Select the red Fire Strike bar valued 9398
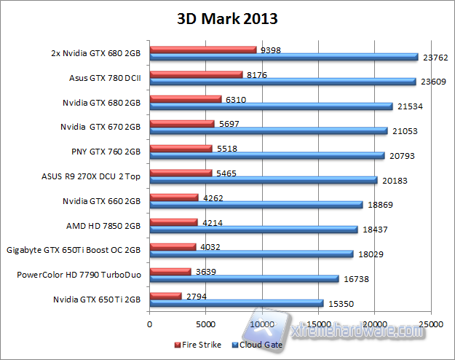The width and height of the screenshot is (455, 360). [x=203, y=50]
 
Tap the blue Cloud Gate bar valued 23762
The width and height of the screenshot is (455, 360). [x=284, y=57]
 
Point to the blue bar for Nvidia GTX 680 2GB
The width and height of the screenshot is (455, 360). [x=271, y=106]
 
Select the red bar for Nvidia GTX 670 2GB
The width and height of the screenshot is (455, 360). [x=182, y=124]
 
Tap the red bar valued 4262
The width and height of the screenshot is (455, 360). [x=174, y=197]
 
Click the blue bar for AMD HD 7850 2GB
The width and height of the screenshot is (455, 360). [x=253, y=230]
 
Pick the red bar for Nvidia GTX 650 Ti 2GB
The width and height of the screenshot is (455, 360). [x=165, y=296]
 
